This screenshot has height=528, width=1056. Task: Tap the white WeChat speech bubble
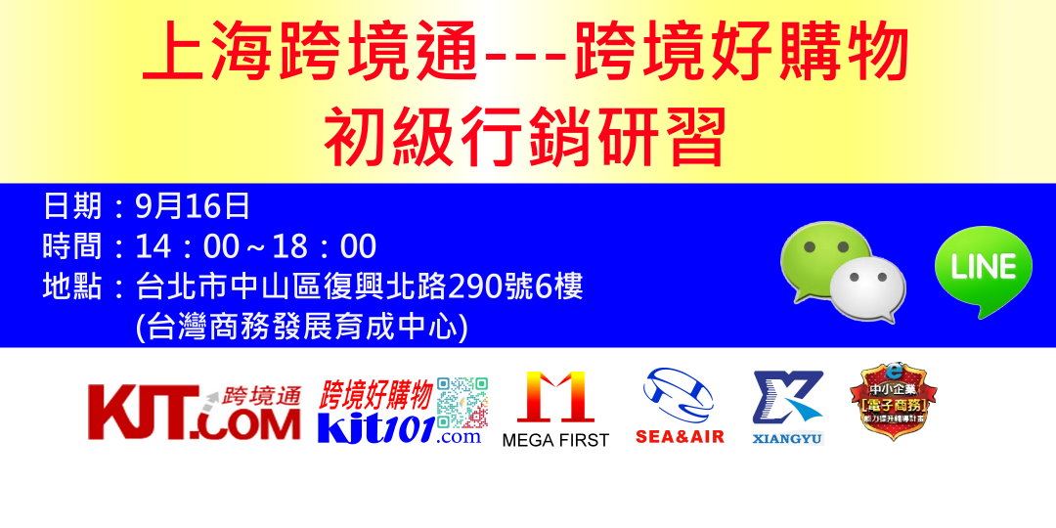pyautogui.click(x=867, y=288)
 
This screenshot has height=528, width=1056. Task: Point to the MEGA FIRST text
pyautogui.click(x=555, y=441)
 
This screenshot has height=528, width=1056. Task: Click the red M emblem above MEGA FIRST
pyautogui.click(x=555, y=396)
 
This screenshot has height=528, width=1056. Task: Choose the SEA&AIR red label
pyautogui.click(x=680, y=437)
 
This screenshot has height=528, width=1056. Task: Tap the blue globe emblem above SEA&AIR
pyautogui.click(x=679, y=395)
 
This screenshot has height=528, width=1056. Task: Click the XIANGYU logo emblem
pyautogui.click(x=787, y=396)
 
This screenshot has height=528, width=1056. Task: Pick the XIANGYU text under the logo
pyautogui.click(x=787, y=439)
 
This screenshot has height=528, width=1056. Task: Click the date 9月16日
pyautogui.click(x=194, y=206)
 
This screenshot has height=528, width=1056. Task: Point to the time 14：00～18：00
pyautogui.click(x=256, y=246)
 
